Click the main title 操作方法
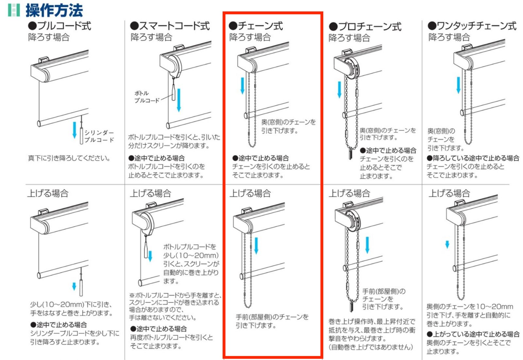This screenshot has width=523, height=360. coord(54,10)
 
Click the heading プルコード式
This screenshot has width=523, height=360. coord(60,26)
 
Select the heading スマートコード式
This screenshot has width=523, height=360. coord(170,26)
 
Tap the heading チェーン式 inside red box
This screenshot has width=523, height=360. coord(256,26)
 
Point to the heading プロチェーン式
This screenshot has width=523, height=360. coord(365,26)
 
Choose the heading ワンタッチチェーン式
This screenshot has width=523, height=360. coord(472,26)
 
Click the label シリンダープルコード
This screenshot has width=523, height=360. coord(99,136)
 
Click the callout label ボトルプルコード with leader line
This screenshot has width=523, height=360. coord(146,97)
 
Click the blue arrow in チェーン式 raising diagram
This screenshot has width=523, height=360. coord(256,245)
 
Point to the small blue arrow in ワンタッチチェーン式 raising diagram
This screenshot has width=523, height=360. coord(447,244)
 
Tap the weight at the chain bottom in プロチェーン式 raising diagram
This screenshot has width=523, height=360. coord(352,305)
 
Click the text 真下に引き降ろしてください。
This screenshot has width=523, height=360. coord(69,158)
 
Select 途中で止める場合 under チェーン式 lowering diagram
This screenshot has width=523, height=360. coord(261,158)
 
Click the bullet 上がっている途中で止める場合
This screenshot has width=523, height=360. coord(473,334)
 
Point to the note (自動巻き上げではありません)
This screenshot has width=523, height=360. coord(371,347)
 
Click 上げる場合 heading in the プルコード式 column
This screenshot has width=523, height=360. coord(48,193)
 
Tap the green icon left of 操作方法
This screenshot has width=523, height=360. coord(14,10)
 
